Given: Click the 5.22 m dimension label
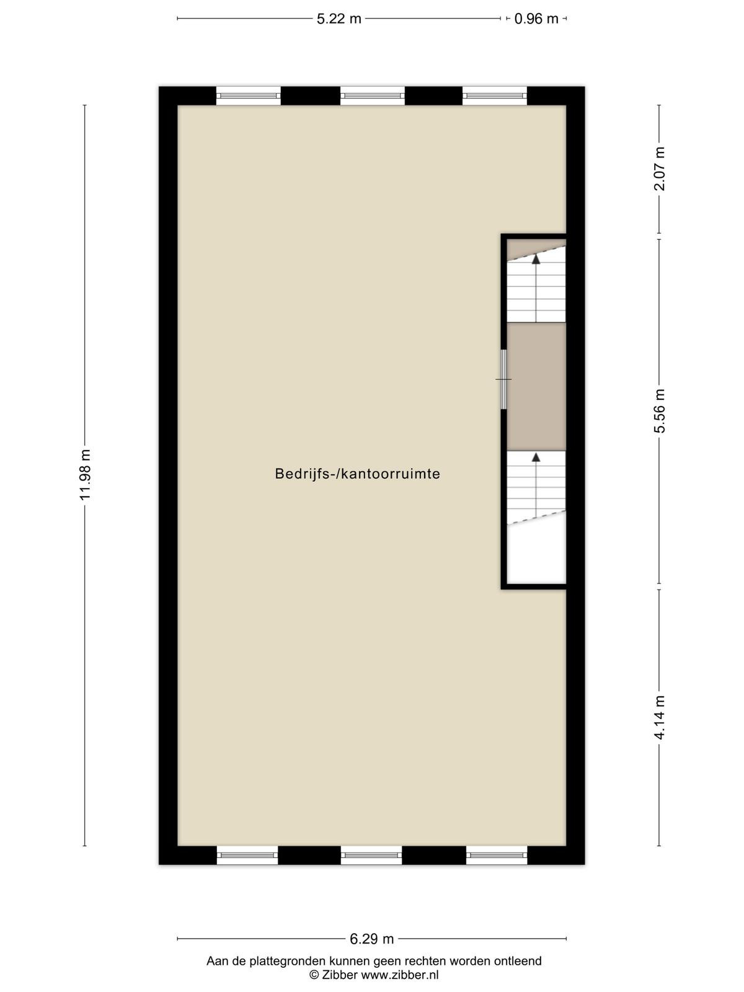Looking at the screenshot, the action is point(339,19).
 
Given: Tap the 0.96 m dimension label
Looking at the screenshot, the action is point(536,19).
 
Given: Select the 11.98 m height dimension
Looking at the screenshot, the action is point(85,474).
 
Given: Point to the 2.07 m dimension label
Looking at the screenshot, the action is point(660,169).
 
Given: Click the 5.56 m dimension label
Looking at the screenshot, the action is point(660,411).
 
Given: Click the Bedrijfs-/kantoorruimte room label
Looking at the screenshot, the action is point(357,474).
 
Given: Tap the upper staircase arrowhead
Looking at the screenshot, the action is point(536,259).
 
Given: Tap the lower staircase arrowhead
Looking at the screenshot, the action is point(536,458).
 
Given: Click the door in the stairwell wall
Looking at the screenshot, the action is point(503,379).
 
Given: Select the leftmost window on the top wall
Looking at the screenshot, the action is point(248,96).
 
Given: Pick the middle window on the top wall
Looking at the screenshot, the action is point(372,96).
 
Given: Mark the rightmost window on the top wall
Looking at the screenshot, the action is point(495,96).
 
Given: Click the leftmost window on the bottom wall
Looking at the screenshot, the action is point(247,855).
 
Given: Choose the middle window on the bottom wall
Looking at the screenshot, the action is point(371,855).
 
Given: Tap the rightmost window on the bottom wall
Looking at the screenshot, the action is point(497,855).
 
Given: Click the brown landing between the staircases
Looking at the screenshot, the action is point(536,386).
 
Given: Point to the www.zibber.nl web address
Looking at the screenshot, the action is point(400,975).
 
